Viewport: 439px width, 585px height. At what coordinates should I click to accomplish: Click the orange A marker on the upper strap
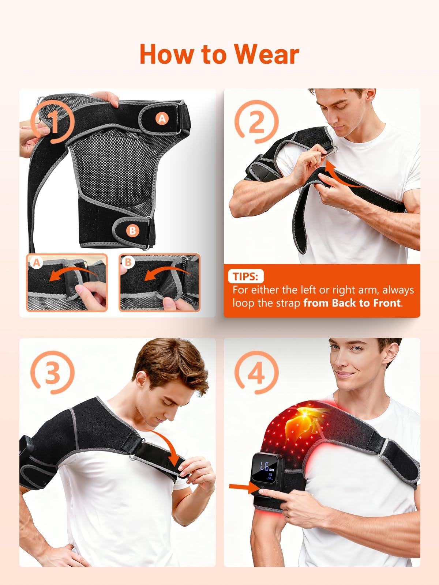[162, 118]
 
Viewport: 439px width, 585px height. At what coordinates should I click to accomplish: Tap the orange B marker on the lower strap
[132, 230]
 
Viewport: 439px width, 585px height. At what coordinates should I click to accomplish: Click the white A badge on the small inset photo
[37, 263]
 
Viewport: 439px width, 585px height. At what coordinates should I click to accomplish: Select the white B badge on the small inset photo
[128, 262]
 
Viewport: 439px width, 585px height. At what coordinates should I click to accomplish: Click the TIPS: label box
[246, 276]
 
